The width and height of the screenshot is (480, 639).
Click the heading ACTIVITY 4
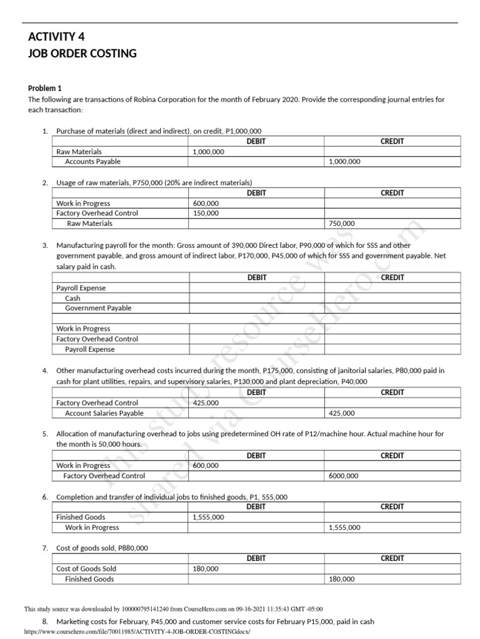[x=57, y=37]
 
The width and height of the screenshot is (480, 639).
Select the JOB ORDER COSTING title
[x=82, y=54]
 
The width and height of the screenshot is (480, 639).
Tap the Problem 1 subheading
[x=45, y=89]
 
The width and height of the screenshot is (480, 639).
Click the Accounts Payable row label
[x=92, y=162]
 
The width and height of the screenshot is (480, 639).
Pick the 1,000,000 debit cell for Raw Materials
[x=208, y=152]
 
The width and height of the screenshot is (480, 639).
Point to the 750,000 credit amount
[x=341, y=223]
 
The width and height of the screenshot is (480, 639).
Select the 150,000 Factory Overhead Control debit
[x=206, y=213]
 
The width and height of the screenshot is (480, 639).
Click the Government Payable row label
[x=98, y=308]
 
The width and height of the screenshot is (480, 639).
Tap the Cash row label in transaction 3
[x=72, y=298]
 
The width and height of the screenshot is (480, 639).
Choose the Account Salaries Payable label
[x=104, y=413]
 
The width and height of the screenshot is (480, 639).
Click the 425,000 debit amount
[x=206, y=403]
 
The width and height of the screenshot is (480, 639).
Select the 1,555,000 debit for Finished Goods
[x=208, y=517]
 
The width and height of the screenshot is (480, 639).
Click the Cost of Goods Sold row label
[x=86, y=569]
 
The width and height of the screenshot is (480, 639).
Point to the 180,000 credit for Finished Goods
[x=341, y=579]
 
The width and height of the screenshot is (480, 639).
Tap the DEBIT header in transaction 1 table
[x=256, y=141]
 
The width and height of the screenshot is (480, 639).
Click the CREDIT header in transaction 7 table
[x=392, y=559]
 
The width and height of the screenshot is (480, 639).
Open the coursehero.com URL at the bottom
[x=137, y=632]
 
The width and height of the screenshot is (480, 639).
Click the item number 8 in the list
[x=45, y=622]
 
